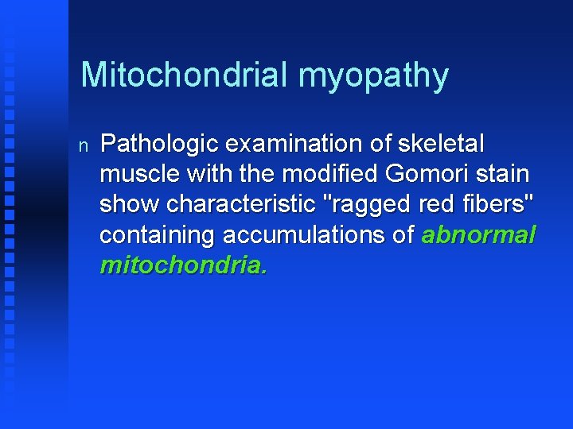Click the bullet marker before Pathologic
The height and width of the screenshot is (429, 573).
point(84,145)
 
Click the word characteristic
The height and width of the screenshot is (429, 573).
point(242,205)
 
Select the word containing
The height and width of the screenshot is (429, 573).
point(158,235)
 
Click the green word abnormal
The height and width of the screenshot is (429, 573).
point(478,235)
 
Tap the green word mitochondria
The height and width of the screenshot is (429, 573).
point(183,265)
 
